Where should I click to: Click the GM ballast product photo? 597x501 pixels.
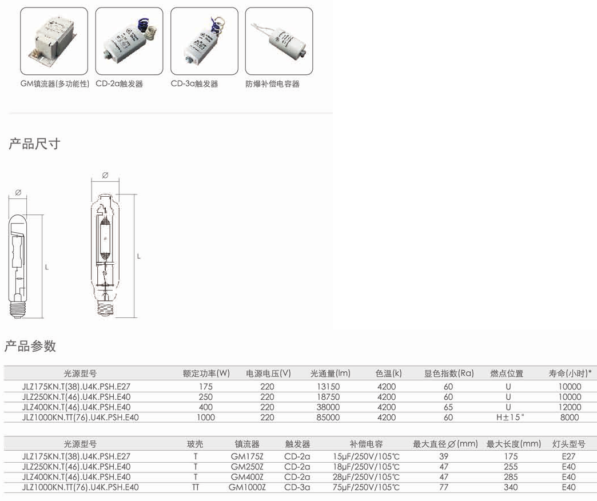tap(54, 41)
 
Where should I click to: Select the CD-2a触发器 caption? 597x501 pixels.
tap(119, 83)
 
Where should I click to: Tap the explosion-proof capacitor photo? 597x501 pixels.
tap(279, 41)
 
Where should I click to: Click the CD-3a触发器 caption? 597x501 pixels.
tap(194, 83)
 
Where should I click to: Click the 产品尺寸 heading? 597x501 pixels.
tap(35, 144)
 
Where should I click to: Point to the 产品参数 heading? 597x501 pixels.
tap(30, 346)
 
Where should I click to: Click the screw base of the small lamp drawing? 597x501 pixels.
tap(18, 309)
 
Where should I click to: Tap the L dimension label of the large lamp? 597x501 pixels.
tap(138, 257)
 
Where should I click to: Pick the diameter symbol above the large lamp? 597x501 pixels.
tap(105, 175)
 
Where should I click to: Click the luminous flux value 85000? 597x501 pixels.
tap(328, 417)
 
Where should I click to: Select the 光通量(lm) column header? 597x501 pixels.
tap(330, 373)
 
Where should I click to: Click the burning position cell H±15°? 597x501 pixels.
tap(510, 417)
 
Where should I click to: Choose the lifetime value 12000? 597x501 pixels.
tap(570, 407)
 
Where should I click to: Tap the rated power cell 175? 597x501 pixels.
tap(206, 387)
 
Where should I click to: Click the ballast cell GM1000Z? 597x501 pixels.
tap(247, 487)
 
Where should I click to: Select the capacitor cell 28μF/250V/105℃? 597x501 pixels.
tap(367, 476)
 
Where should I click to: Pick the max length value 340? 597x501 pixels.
tap(511, 487)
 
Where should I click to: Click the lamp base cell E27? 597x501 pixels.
tap(568, 456)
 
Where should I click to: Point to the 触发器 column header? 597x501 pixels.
tap(298, 444)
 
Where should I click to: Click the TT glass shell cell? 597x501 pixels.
tap(196, 487)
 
